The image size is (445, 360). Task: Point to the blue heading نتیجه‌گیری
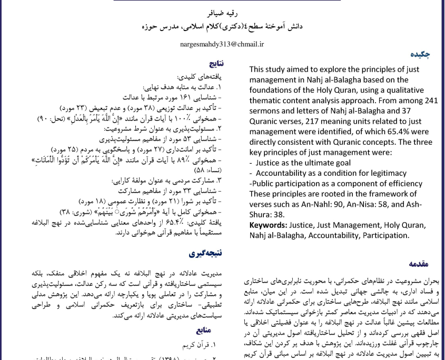point(206,253)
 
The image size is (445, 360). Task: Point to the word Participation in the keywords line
point(384,235)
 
